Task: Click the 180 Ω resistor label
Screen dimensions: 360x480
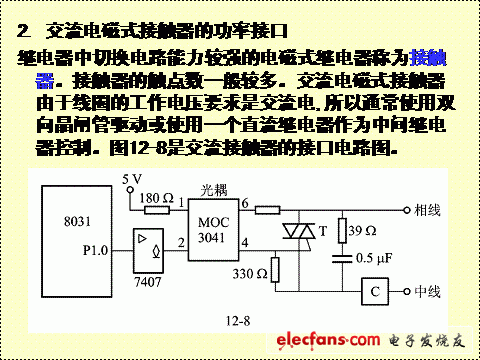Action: (x=158, y=198)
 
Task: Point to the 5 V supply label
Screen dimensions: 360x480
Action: (x=132, y=179)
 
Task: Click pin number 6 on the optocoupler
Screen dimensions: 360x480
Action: (x=243, y=204)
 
